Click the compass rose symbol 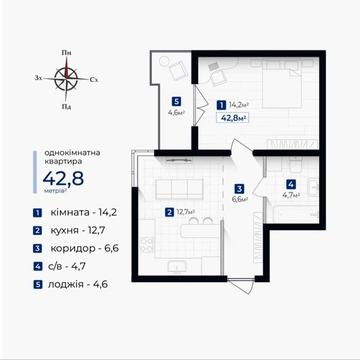(66, 79)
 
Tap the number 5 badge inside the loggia (177, 101)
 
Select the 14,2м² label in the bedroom (239, 105)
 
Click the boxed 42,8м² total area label (232, 118)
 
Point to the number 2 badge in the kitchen (170, 212)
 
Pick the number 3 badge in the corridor (239, 189)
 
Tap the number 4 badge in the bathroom (291, 184)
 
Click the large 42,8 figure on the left (63, 178)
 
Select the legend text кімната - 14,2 (84, 213)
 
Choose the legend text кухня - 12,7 (78, 230)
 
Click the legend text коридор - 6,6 (85, 248)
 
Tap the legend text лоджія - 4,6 (78, 284)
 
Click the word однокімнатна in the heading (72, 153)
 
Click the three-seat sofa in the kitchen (179, 189)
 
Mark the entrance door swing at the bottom (241, 285)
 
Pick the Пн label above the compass (66, 53)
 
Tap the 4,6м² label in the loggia (177, 112)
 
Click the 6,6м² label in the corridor (240, 199)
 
